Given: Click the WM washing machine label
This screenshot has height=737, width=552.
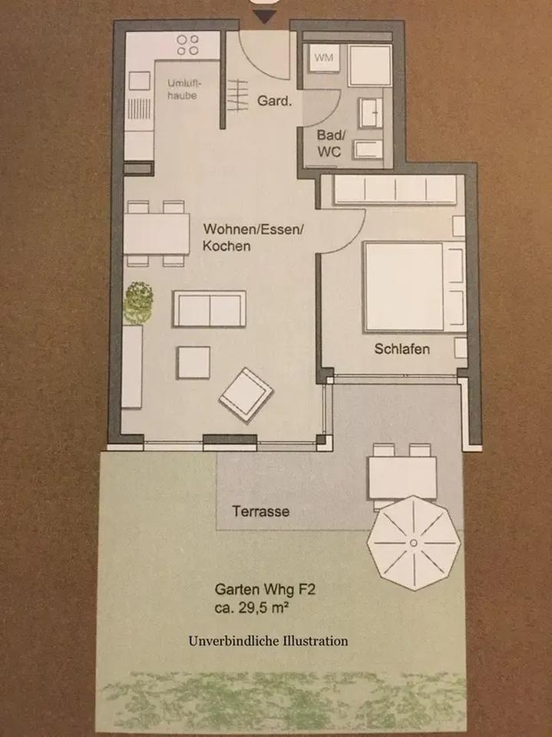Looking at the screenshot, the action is [323, 58].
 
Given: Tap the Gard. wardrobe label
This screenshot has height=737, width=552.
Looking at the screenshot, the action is [275, 101].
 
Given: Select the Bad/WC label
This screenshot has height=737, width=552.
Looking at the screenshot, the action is [331, 144].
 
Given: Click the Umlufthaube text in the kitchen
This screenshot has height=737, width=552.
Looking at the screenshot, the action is [183, 89].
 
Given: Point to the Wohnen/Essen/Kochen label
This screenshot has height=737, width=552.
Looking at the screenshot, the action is [253, 237].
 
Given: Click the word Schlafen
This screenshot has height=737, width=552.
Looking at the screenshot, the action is [402, 349].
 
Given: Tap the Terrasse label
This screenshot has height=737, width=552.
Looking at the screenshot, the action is [260, 511].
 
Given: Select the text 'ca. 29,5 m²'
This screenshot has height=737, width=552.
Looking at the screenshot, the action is [251, 608].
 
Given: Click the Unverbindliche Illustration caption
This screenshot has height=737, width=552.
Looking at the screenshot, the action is [268, 640].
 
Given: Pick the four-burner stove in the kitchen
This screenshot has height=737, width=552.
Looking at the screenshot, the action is [187, 45].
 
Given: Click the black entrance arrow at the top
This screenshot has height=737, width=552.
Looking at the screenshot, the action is [265, 18].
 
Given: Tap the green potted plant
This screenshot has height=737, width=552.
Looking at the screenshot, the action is [139, 302].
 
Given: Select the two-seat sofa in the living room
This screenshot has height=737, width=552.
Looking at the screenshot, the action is [210, 309].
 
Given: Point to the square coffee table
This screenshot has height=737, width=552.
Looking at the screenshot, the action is [193, 362].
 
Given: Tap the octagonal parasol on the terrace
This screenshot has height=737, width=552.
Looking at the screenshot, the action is [413, 543].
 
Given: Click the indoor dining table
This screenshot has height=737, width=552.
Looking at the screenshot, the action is [156, 233].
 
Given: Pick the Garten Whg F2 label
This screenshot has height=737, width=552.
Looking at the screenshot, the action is [264, 589].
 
